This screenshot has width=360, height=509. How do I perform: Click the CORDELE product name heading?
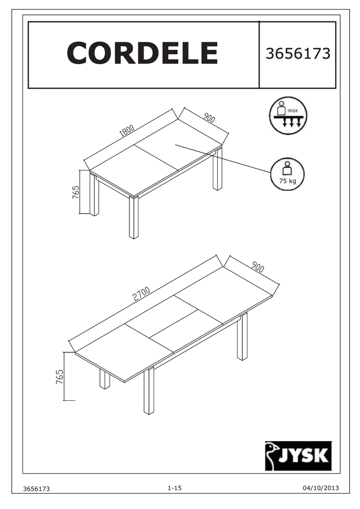[142, 53]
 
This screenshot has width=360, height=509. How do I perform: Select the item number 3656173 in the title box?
[298, 53]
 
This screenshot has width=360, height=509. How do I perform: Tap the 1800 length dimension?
[127, 131]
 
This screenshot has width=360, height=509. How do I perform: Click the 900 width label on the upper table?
[209, 118]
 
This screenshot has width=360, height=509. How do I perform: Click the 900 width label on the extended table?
[257, 267]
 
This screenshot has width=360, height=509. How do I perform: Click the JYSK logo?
[298, 455]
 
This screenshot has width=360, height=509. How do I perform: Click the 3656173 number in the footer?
[38, 488]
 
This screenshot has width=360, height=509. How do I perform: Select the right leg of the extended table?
[242, 337]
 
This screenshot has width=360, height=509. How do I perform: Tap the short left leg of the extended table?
[105, 379]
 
